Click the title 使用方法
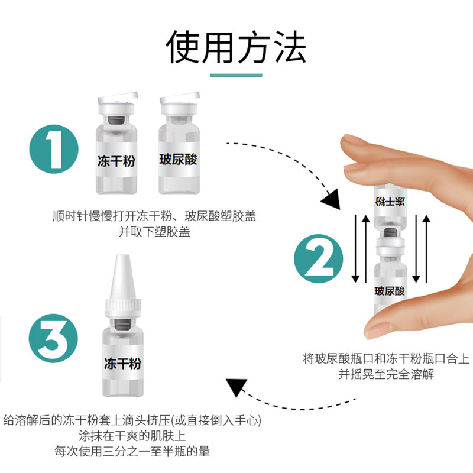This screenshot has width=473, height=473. [236, 47]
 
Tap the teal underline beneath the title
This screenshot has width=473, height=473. [236, 75]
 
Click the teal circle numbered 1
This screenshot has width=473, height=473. [54, 149]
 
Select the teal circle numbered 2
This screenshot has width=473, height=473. [319, 258]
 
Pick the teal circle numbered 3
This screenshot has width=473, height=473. [53, 338]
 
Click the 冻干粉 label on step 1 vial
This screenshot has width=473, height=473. [116, 161]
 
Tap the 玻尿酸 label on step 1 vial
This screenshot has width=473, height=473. [179, 159]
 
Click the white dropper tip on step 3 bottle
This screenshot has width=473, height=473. [122, 277]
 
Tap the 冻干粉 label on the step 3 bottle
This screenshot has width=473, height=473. [123, 363]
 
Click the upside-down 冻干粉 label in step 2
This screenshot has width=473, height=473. [390, 202]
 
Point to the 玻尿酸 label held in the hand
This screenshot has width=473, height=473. [390, 291]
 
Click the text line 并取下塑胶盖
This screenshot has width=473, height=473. [154, 232]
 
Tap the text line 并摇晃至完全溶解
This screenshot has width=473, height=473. [386, 374]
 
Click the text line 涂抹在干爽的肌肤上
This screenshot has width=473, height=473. [132, 436]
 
